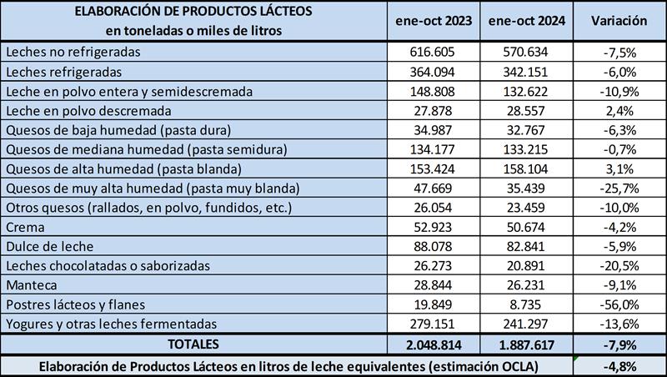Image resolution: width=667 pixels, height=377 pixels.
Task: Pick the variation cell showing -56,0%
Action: point(619,304)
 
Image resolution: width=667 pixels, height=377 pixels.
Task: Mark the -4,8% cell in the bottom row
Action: point(619,364)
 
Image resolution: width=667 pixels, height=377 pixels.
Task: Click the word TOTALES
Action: point(193,343)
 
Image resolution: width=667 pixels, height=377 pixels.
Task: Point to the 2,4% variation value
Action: point(619,110)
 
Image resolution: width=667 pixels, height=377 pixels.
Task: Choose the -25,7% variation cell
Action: point(619,188)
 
